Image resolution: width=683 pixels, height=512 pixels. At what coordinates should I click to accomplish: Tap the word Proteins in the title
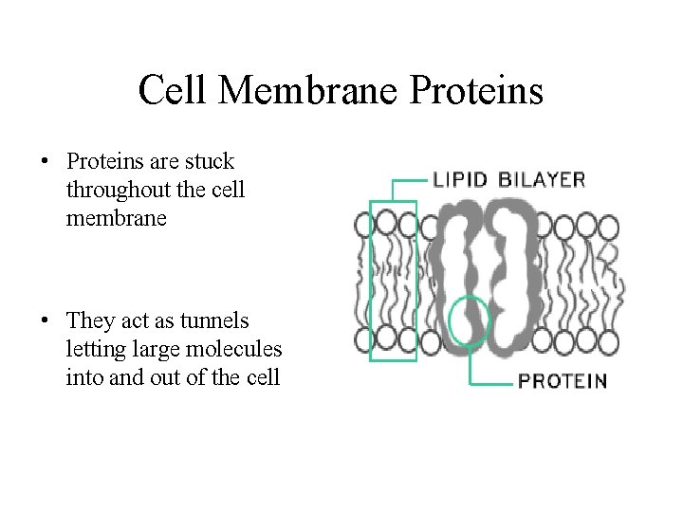477,91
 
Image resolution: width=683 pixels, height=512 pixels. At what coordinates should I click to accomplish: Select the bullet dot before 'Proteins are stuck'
45,162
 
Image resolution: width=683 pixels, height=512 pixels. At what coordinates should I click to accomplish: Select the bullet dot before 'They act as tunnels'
45,321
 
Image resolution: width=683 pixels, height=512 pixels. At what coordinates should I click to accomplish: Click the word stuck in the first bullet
210,162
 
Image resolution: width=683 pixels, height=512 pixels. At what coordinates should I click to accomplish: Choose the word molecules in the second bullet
234,349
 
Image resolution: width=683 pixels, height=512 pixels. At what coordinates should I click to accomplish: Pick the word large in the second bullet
160,350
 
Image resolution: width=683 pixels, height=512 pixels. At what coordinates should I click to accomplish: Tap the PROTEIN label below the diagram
562,381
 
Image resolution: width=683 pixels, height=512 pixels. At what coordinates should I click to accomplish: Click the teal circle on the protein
468,320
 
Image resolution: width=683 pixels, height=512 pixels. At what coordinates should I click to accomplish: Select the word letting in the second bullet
98,350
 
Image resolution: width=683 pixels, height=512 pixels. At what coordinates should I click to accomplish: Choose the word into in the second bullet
83,377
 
